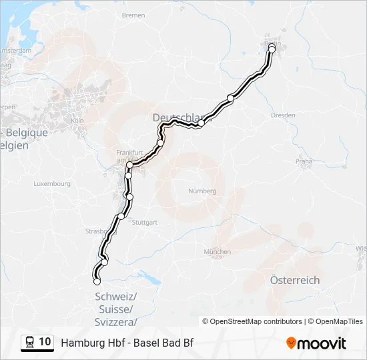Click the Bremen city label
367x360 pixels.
click(133, 15)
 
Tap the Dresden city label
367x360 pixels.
click(283, 115)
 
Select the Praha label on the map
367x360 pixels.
click(304, 161)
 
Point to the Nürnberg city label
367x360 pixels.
click(202, 191)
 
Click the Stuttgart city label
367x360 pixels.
click(145, 222)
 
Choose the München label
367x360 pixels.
click(218, 251)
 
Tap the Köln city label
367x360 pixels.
click(77, 120)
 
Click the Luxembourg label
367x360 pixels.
click(51, 183)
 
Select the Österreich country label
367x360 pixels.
click(294, 281)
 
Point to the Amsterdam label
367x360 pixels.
click(16, 51)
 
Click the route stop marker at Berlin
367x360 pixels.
click(272, 49)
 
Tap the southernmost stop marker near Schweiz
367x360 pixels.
click(97, 281)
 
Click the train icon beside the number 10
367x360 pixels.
click(29, 343)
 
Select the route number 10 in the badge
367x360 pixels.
click(45, 342)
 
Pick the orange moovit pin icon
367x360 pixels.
click(291, 343)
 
